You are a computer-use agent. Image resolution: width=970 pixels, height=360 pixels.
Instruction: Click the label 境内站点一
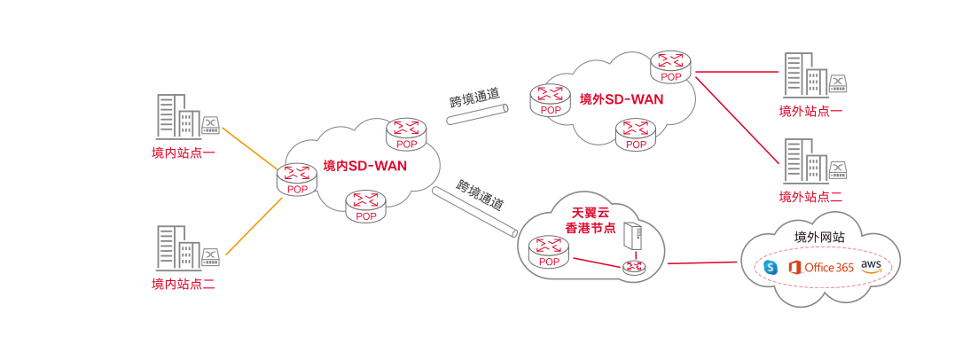coord(184,153)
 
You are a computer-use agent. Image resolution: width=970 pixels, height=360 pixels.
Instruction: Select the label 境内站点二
coord(184,285)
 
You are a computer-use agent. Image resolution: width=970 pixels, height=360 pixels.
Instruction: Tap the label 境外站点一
coord(810,111)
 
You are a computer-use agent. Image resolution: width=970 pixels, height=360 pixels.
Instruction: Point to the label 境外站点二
coord(810,196)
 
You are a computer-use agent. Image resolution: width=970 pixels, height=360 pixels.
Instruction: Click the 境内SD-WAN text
coord(364,165)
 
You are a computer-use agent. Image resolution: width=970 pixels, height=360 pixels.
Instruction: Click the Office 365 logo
coord(820,267)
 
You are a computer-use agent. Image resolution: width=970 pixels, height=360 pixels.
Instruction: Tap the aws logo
coord(870,266)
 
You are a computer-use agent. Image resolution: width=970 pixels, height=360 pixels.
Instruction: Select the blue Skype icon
coord(771,267)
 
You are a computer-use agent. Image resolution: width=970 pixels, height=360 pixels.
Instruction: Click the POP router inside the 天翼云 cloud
coord(550,252)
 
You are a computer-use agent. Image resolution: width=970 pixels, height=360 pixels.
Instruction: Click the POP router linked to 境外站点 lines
coord(671,67)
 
